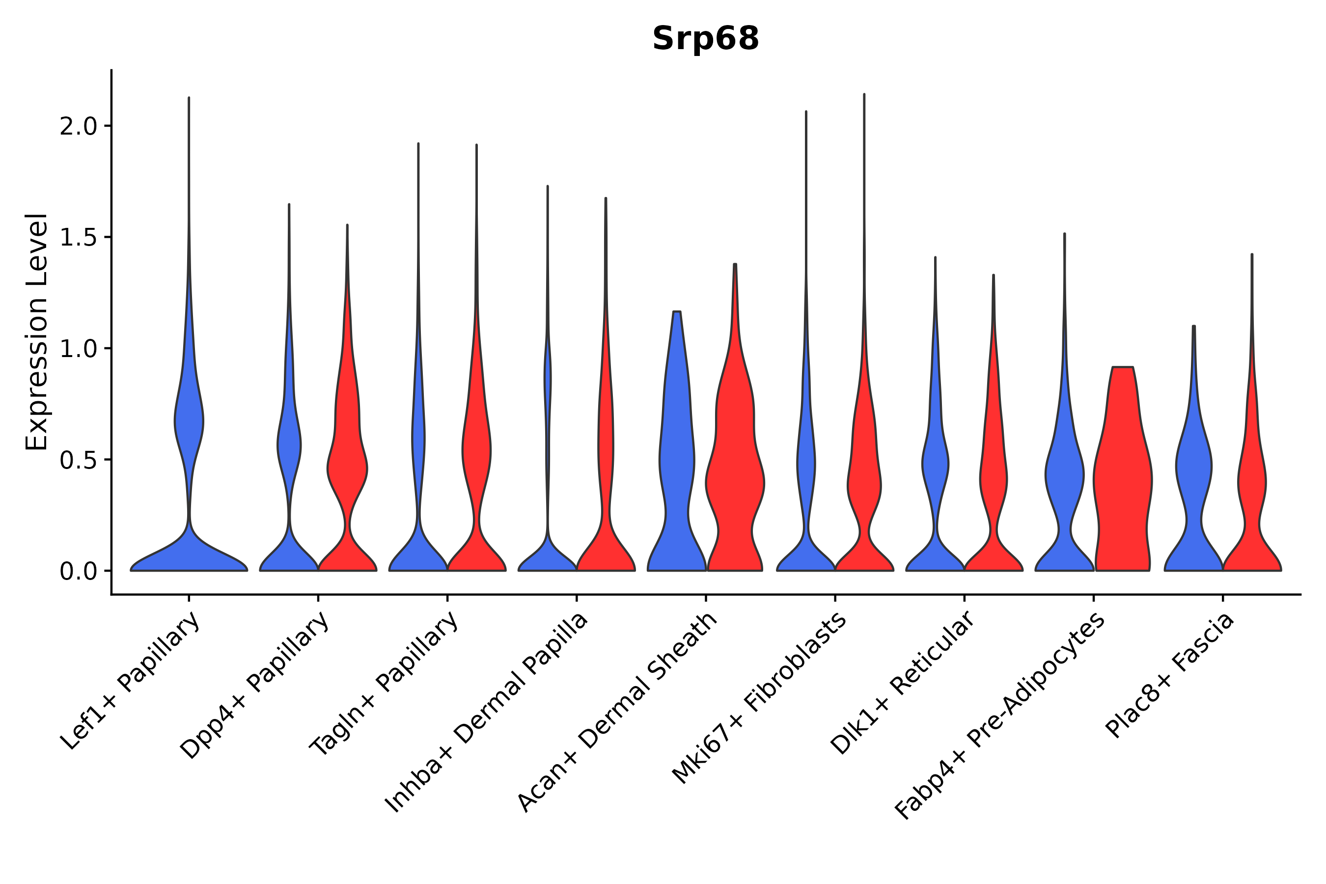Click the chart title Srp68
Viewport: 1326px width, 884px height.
[x=705, y=39]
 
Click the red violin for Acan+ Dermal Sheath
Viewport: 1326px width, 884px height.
[x=735, y=479]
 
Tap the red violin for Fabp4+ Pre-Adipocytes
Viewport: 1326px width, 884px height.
[x=1123, y=479]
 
